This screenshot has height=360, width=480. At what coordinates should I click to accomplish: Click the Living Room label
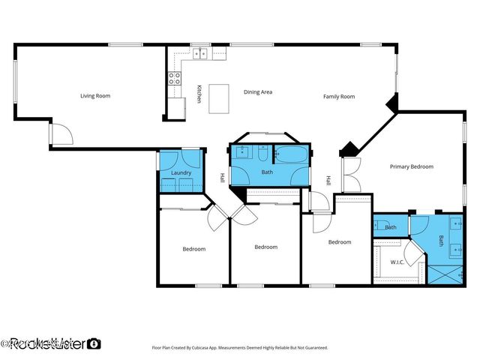[x=95, y=96]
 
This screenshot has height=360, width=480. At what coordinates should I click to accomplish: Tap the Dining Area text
[x=257, y=92]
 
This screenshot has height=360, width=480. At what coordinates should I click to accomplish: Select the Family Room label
[x=339, y=97]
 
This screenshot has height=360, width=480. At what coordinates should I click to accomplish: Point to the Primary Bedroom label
[x=411, y=166]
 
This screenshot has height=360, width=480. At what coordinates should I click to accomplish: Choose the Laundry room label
[x=181, y=172]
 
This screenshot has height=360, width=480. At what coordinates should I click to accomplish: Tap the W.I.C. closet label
[x=397, y=262]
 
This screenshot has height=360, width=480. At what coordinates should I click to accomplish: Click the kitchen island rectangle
[x=219, y=99]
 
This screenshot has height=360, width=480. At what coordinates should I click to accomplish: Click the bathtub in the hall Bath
[x=290, y=155]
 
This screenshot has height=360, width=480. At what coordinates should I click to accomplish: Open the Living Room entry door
[x=61, y=134]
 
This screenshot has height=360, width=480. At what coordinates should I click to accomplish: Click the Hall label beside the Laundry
[x=222, y=178]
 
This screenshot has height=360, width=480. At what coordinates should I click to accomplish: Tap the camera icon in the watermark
[x=94, y=343]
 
